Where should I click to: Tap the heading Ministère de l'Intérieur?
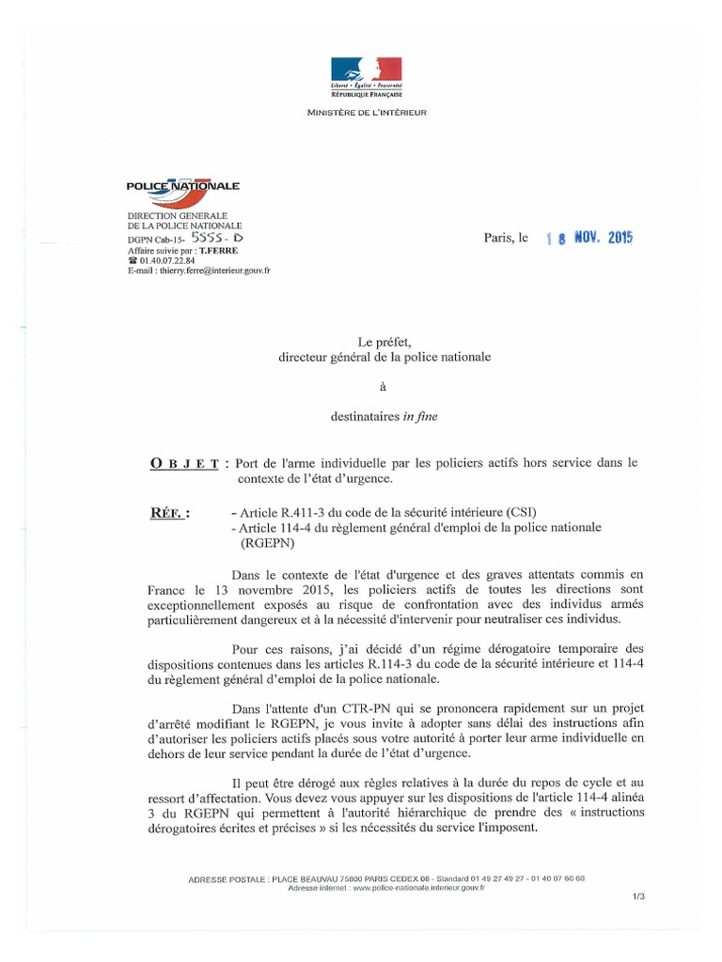click(x=367, y=113)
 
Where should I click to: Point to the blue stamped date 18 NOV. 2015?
click(x=590, y=239)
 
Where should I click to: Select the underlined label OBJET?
click(x=185, y=464)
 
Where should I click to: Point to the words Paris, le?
click(x=507, y=239)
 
